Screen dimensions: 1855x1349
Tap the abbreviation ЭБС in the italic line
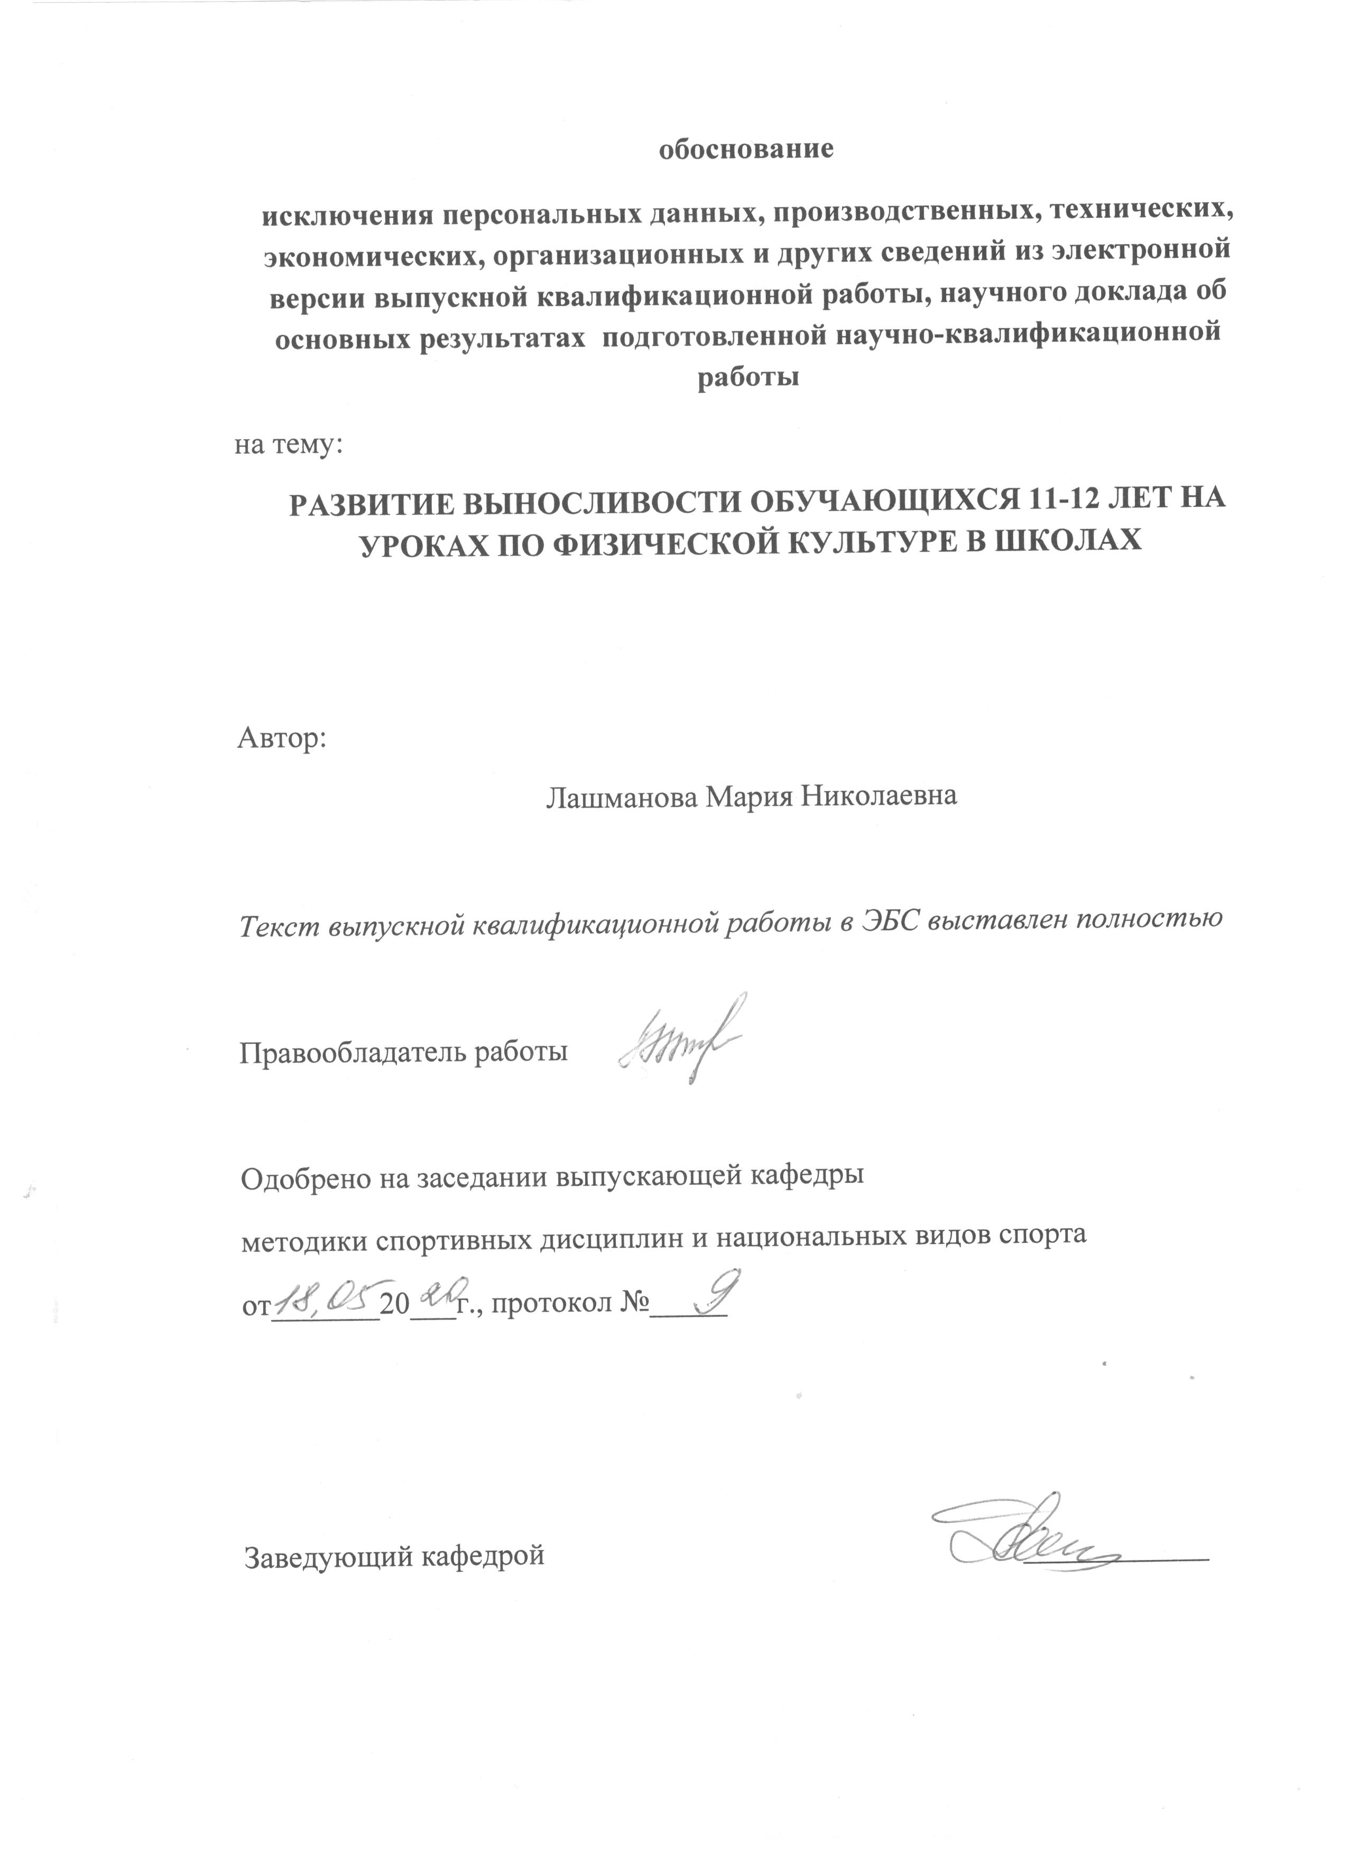click(892, 920)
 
